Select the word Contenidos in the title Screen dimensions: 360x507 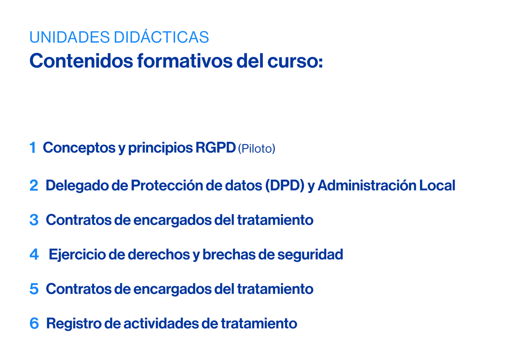click(81, 61)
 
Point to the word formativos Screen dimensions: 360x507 click(185, 61)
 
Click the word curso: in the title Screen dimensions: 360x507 click(295, 61)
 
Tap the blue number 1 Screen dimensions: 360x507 click(33, 148)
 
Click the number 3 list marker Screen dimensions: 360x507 click(34, 220)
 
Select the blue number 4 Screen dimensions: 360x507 click(34, 254)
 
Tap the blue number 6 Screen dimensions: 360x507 click(34, 323)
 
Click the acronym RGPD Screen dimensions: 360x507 click(215, 148)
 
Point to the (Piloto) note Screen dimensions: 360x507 click(256, 149)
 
